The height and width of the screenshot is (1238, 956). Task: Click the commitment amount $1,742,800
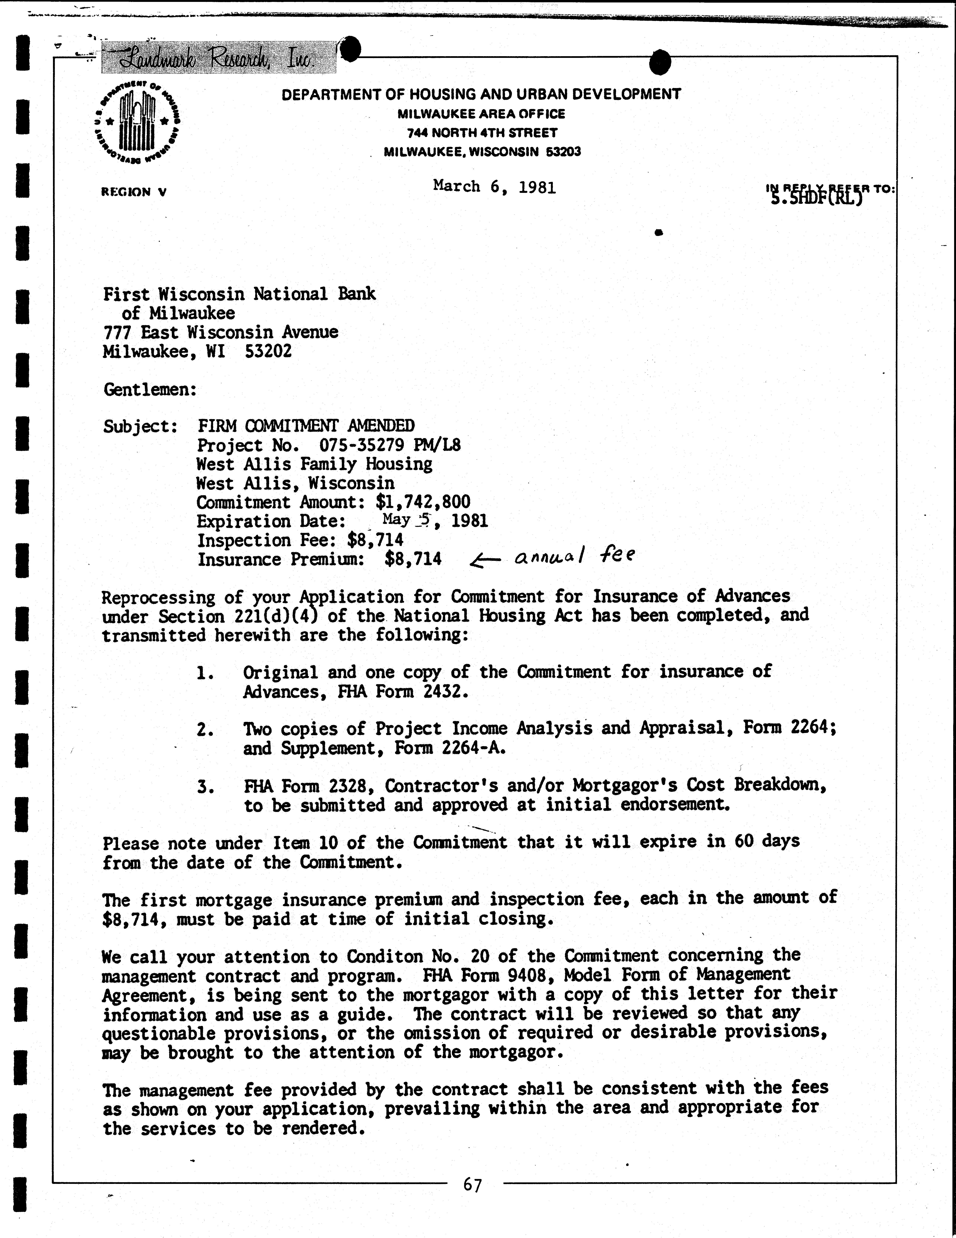pyautogui.click(x=423, y=502)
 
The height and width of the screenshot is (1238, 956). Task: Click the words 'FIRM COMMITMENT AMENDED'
pyautogui.click(x=306, y=426)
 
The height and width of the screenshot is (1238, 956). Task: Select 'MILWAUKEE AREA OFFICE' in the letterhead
pyautogui.click(x=481, y=114)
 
